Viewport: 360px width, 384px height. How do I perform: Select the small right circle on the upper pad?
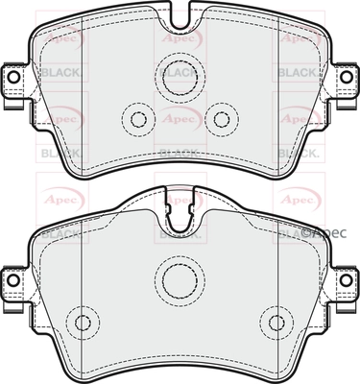223,120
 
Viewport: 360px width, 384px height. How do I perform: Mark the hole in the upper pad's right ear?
347,79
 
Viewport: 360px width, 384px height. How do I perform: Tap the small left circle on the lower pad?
84,322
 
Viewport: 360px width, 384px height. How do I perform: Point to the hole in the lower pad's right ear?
347,278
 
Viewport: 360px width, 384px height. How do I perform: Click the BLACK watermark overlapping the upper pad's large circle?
179,72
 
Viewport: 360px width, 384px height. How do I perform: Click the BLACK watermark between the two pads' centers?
179,152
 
